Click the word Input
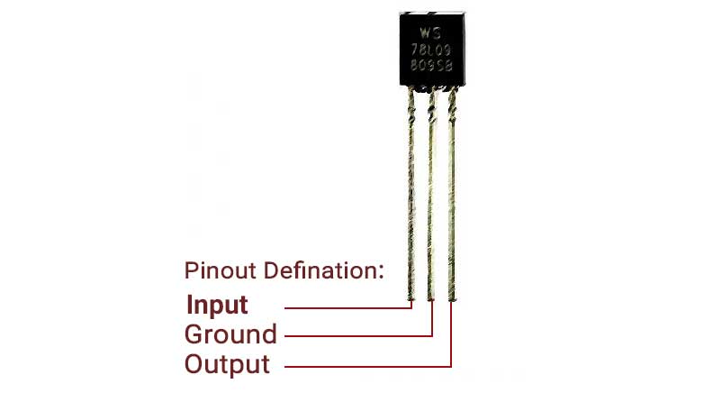point(216,305)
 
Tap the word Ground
point(230,335)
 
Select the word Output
point(227,365)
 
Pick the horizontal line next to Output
point(369,366)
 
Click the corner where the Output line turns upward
point(450,366)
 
